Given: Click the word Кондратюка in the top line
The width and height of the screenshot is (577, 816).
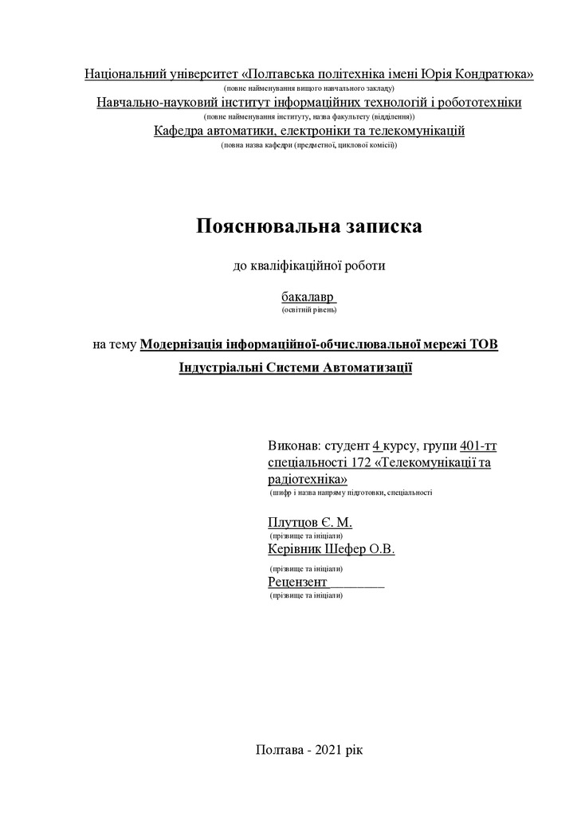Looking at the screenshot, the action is (495, 74).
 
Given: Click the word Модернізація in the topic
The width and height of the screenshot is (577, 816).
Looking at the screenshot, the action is (181, 344).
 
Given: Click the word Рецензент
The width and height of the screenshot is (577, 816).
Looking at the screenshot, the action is (298, 583).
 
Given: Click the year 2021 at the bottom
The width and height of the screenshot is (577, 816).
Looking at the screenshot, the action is (331, 750).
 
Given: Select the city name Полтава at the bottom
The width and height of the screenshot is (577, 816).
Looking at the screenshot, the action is (280, 750).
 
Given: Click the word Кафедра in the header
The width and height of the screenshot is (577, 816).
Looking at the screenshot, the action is (179, 131).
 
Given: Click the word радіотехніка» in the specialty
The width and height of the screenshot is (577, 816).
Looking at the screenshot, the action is (308, 480).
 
